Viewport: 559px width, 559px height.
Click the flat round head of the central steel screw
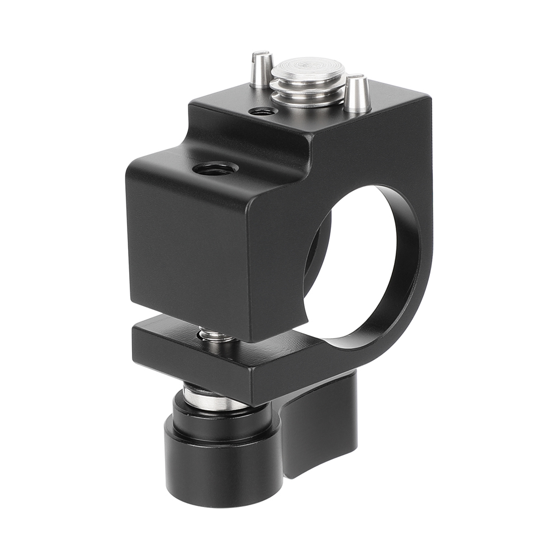point(308,70)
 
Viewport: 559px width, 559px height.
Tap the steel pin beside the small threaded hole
point(261,72)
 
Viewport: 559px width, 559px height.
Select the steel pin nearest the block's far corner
point(357,95)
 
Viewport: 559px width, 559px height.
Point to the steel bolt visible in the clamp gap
point(215,336)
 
